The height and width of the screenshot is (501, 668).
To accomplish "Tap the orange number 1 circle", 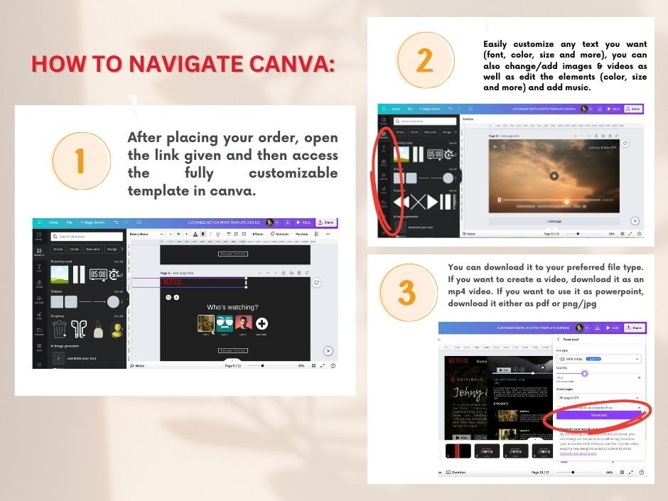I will (80, 161).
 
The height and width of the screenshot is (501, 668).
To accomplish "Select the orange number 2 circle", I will (424, 60).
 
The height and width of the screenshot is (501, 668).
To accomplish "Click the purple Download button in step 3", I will (598, 415).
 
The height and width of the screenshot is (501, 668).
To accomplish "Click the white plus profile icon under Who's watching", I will (262, 324).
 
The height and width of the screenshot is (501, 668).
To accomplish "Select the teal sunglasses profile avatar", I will (225, 324).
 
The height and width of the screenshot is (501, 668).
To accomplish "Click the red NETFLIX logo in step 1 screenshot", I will (173, 282).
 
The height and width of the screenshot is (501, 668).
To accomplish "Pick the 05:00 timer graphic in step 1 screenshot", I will (98, 274).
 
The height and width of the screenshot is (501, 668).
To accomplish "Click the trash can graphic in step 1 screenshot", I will (60, 328).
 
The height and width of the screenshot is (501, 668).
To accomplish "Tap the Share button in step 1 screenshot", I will (325, 222).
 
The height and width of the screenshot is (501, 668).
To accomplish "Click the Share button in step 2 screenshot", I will (632, 109).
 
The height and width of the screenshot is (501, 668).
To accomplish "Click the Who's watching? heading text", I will (232, 307).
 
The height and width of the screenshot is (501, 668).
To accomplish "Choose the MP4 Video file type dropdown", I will (598, 360).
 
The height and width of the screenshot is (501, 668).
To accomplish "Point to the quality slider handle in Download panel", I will (585, 373).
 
